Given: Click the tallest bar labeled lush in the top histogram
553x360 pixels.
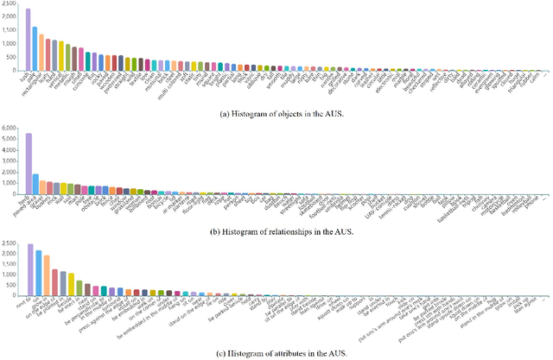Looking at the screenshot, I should click(x=29, y=40).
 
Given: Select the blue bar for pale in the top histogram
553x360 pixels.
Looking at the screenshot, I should click(x=35, y=48).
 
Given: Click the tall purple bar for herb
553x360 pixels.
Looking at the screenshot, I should click(x=29, y=164).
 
